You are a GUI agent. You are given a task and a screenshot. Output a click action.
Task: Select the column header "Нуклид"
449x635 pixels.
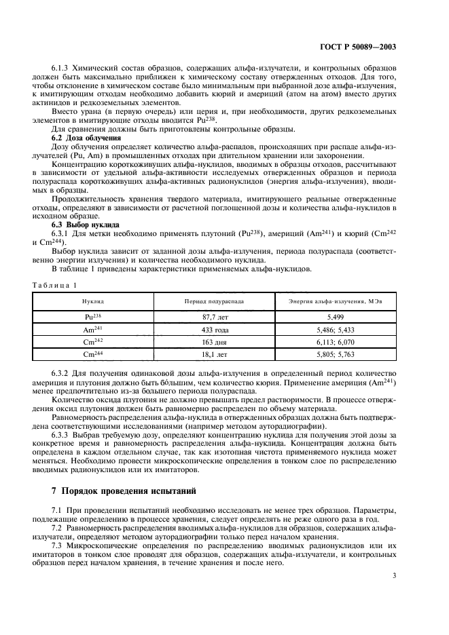93,300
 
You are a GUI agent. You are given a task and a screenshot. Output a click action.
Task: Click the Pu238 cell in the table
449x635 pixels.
93,316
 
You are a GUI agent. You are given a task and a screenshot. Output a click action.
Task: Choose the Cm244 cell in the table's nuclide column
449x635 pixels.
93,353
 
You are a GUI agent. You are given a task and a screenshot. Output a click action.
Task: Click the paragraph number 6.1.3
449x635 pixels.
61,69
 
